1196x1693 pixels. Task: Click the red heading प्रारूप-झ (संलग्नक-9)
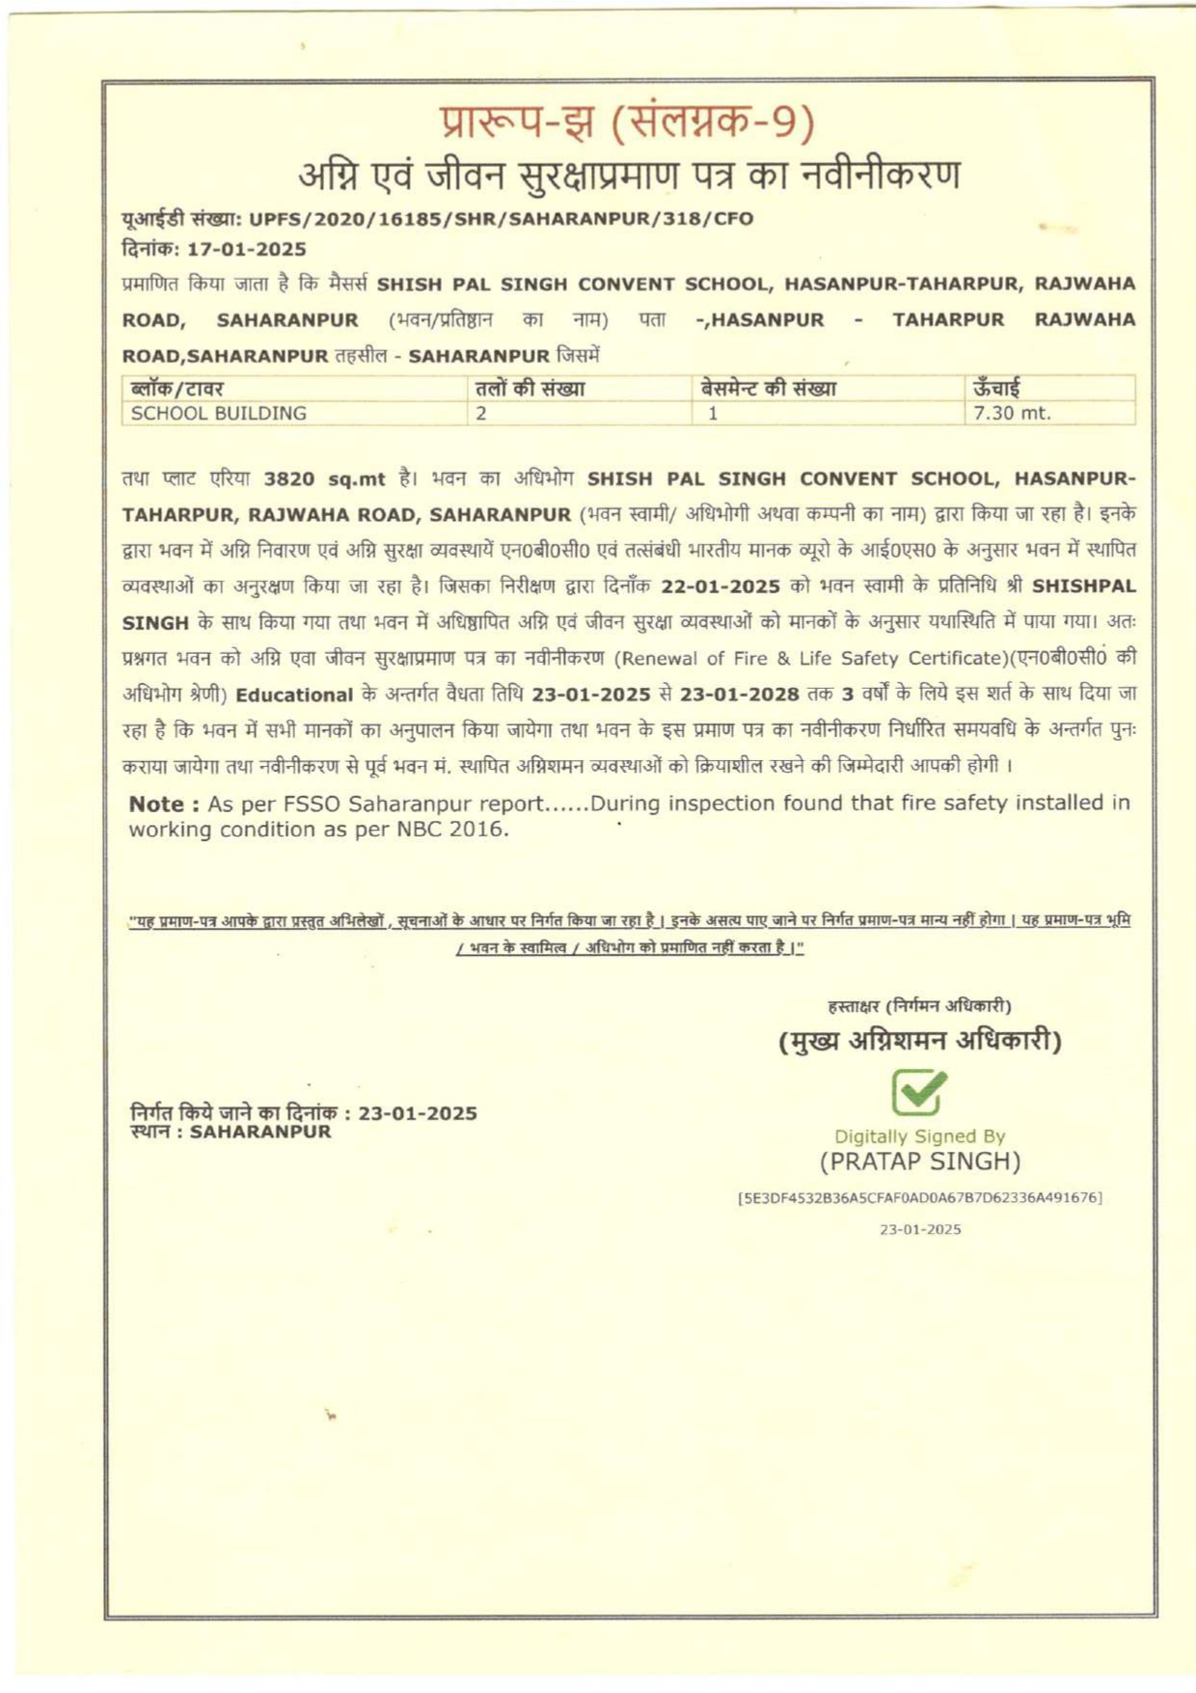click(628, 123)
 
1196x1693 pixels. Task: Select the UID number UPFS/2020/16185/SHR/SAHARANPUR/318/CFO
click(501, 219)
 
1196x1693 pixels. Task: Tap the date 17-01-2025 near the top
click(246, 249)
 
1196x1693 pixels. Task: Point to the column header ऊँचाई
click(996, 389)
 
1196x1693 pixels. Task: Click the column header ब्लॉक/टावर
click(177, 389)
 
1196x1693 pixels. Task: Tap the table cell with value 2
click(480, 413)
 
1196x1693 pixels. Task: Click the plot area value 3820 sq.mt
click(324, 478)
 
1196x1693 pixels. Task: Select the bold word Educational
click(294, 695)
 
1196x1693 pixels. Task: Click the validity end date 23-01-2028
click(739, 694)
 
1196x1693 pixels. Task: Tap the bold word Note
click(157, 804)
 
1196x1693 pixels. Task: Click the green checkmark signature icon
click(918, 1092)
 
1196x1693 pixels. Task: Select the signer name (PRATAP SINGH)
click(919, 1161)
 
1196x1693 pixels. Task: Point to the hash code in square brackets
click(919, 1197)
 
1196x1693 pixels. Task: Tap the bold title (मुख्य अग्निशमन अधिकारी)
click(919, 1041)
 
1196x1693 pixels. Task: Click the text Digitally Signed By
click(919, 1136)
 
